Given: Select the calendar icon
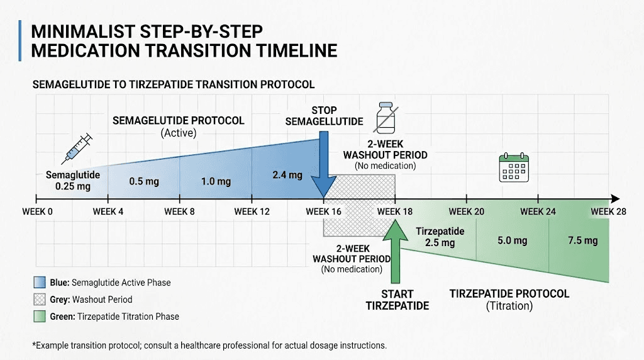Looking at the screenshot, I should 513,168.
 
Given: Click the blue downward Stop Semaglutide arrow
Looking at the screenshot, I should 323,164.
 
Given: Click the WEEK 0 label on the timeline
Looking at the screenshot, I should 37,211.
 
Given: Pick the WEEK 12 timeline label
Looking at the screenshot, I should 252,211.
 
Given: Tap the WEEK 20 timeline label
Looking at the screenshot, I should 466,211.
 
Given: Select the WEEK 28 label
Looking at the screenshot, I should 608,211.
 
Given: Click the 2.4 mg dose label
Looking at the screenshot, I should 287,174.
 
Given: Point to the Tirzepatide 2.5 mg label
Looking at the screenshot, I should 440,237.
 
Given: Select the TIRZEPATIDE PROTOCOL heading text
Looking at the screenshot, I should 509,293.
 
